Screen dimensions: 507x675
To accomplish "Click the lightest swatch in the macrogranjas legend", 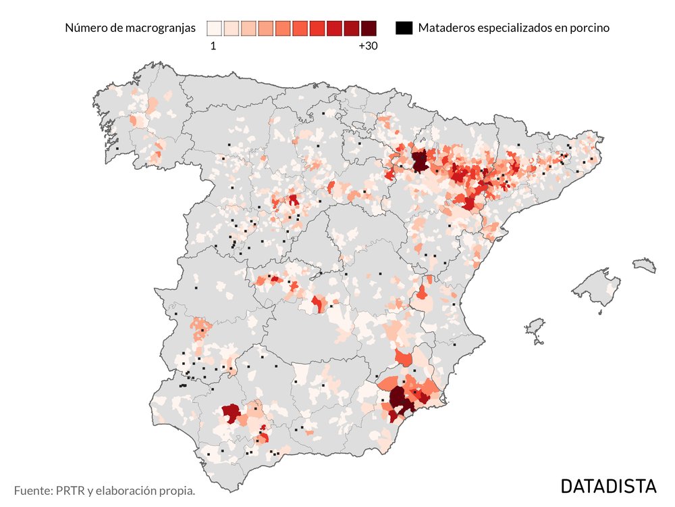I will (x=215, y=28).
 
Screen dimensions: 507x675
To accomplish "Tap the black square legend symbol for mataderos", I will (x=404, y=28).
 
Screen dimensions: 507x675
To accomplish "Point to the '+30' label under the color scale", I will (x=368, y=47).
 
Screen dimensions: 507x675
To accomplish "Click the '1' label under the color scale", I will (x=213, y=47).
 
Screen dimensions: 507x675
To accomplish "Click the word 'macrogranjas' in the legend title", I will (x=162, y=28).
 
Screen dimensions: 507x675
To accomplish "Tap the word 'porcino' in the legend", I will (x=589, y=28).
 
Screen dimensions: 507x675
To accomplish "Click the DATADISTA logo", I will (x=608, y=486).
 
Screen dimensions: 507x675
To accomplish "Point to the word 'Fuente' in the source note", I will (x=33, y=490).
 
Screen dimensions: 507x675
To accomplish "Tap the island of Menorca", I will (x=645, y=264).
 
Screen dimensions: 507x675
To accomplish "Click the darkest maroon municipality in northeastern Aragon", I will (x=420, y=161).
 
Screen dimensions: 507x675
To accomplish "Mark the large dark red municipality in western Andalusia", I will (x=232, y=413).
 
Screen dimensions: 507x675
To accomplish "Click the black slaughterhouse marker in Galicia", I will (x=117, y=149).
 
